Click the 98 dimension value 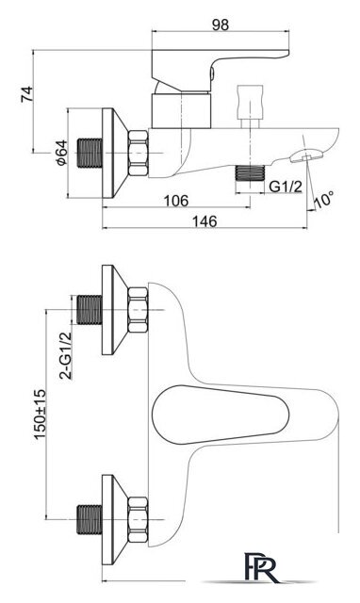click(x=221, y=25)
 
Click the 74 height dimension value click(x=27, y=94)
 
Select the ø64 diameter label click(x=61, y=153)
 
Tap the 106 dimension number click(x=176, y=201)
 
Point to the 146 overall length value click(x=205, y=221)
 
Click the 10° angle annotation click(x=323, y=199)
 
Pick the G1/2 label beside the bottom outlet click(x=285, y=187)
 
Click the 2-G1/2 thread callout click(x=66, y=355)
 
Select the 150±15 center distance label click(x=40, y=415)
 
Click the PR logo click(x=261, y=566)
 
